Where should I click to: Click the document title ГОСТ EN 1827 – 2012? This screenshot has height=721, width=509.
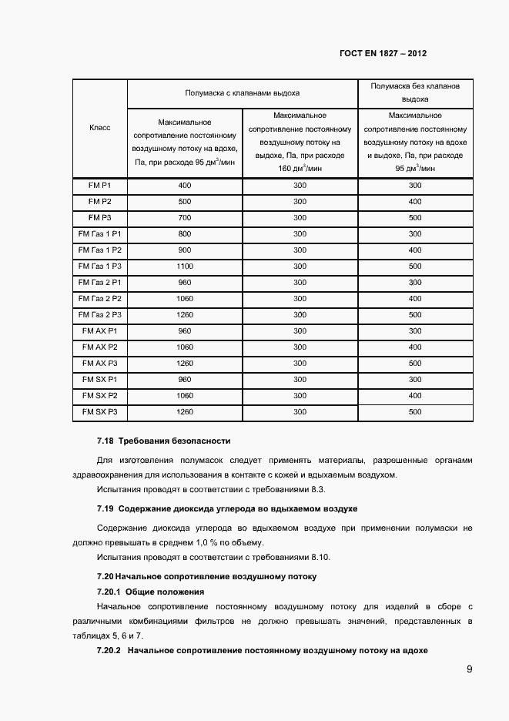click(x=383, y=55)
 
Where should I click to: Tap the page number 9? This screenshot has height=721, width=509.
click(x=469, y=669)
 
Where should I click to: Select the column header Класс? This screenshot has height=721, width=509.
click(x=100, y=128)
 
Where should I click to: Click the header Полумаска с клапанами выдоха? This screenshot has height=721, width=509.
click(x=242, y=92)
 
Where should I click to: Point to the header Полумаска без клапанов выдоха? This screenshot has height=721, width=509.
click(x=415, y=92)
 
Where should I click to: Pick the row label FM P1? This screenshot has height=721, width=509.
click(x=100, y=186)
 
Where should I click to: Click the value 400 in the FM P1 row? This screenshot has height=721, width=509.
click(x=185, y=186)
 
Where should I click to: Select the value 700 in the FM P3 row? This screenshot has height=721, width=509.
click(x=185, y=218)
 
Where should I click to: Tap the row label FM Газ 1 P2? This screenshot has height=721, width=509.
click(x=100, y=250)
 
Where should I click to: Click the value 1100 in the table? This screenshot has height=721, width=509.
click(x=185, y=267)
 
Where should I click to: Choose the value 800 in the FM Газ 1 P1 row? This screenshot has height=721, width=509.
click(x=185, y=234)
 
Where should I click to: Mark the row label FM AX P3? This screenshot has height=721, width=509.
click(x=100, y=364)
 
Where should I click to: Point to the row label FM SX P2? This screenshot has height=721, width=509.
click(x=100, y=396)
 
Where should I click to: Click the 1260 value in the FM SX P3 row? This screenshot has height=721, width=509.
click(x=185, y=412)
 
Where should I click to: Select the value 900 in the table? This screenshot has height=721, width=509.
click(x=185, y=250)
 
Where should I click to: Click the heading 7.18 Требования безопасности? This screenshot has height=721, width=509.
click(x=164, y=441)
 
